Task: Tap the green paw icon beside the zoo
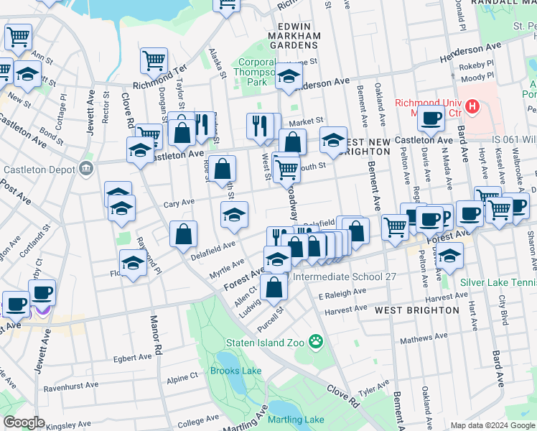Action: (314, 340)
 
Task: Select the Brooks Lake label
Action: (236, 371)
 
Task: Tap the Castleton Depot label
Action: (40, 170)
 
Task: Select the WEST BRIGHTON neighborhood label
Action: (417, 310)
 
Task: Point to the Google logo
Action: (24, 422)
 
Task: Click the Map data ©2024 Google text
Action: (492, 425)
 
